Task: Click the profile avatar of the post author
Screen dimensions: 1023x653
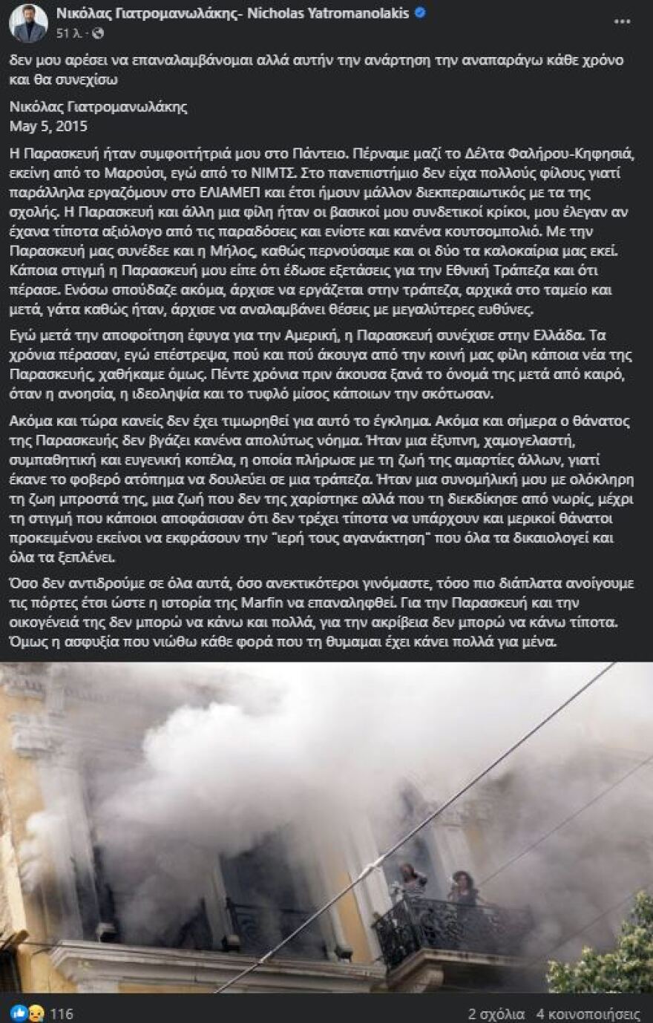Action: [x=28, y=23]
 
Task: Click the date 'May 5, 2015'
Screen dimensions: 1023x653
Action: [x=48, y=126]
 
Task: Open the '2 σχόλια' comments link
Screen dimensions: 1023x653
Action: [x=496, y=1013]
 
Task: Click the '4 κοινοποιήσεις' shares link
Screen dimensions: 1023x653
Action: [x=588, y=1013]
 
